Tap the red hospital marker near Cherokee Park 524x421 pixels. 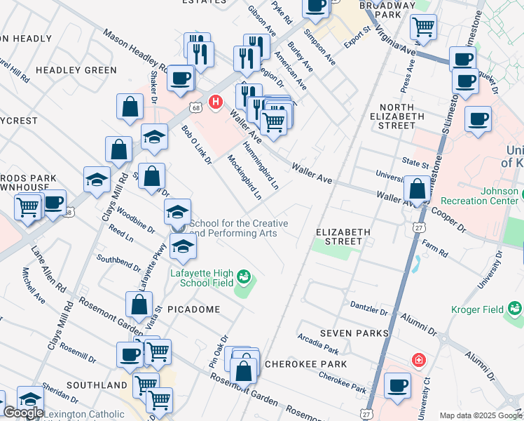(419, 360)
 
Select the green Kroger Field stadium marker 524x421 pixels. (516, 308)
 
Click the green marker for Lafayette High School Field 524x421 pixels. (244, 276)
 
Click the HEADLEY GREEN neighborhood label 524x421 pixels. (76, 70)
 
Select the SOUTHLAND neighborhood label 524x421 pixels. (97, 385)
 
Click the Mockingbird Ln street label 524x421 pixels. (244, 177)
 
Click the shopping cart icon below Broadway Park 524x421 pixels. (423, 27)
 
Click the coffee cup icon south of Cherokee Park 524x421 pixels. (398, 385)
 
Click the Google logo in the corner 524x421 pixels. (23, 413)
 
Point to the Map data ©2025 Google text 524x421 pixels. (481, 415)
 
